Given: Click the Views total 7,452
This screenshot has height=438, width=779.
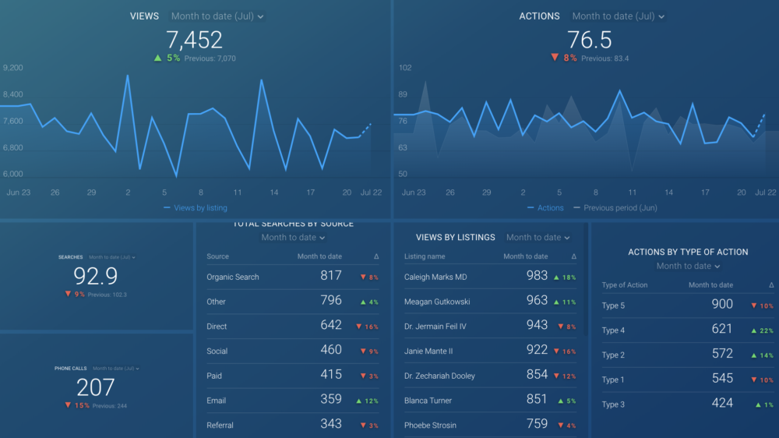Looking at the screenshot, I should click(195, 40).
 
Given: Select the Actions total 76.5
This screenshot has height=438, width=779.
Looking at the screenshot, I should click(589, 40).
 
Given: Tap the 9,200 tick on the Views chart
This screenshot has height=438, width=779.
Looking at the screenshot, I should click(13, 68).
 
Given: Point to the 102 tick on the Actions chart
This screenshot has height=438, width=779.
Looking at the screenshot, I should click(405, 68).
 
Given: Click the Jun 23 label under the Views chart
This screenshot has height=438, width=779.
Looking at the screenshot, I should click(19, 192).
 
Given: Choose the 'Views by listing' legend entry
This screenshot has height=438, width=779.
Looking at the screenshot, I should click(200, 208).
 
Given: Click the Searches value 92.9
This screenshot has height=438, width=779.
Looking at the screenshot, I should click(95, 276).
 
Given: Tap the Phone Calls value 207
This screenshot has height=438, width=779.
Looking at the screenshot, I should click(95, 387).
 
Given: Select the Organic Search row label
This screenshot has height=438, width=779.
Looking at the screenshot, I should click(232, 277).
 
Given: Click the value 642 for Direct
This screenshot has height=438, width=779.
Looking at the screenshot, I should click(331, 326).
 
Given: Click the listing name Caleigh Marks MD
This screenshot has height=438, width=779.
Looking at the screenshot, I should click(435, 277).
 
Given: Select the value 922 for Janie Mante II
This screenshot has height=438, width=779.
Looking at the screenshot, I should click(537, 351).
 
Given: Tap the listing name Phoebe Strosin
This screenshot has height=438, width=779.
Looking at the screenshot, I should click(430, 426).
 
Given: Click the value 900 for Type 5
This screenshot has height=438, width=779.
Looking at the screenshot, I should click(722, 305).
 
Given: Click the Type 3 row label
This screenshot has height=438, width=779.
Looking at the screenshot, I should click(613, 404).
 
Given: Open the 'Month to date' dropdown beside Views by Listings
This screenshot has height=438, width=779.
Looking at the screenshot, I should click(538, 238).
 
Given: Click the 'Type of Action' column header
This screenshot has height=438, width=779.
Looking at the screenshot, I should click(625, 285).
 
